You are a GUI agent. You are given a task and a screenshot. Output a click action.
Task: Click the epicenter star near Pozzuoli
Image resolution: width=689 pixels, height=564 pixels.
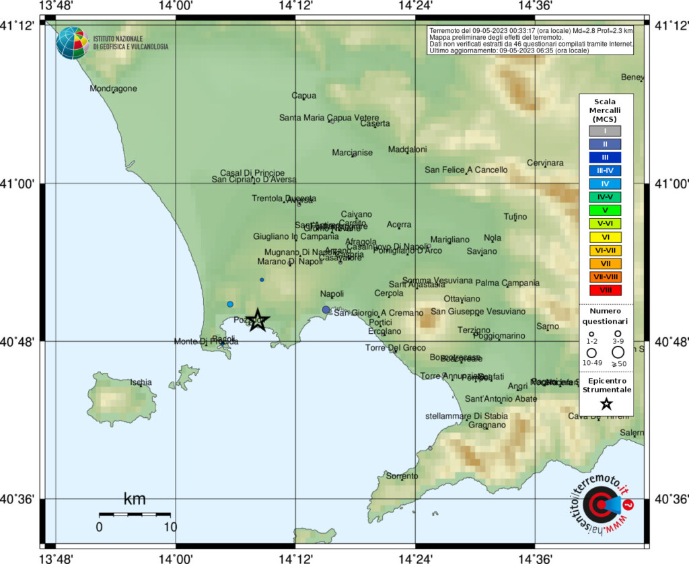point(258,320)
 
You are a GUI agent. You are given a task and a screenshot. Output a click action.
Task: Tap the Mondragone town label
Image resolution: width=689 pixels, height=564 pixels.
point(113,88)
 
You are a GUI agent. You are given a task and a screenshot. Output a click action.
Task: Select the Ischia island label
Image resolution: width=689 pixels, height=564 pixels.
point(141,382)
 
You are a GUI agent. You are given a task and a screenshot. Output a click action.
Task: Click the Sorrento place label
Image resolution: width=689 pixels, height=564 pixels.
point(402,476)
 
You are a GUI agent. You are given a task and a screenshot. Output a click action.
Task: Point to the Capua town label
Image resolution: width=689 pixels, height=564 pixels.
point(303,96)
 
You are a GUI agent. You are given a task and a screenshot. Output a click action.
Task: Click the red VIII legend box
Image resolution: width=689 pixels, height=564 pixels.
point(606,290)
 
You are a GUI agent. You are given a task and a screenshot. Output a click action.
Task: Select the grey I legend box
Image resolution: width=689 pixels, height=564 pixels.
point(606,131)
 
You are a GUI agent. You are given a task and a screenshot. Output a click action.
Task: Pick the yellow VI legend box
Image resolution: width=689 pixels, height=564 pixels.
point(606,237)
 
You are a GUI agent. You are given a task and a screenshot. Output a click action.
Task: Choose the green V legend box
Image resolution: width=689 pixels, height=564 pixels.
point(606,210)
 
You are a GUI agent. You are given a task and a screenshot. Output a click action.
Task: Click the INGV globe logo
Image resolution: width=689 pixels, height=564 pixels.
point(73,43)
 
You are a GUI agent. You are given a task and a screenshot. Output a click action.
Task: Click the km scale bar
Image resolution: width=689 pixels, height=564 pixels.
point(135,514)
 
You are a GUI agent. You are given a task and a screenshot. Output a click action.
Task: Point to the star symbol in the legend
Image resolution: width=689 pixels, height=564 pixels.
point(606,404)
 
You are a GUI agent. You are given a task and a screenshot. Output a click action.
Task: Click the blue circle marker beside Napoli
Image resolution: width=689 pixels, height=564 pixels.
point(326,310)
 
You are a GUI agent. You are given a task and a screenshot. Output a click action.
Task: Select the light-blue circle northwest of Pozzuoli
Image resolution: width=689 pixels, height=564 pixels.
point(230,304)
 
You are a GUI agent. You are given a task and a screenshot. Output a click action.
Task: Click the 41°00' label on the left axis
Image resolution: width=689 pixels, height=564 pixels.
point(18,183)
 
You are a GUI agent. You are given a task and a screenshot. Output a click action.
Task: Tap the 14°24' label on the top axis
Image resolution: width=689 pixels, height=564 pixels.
point(415,6)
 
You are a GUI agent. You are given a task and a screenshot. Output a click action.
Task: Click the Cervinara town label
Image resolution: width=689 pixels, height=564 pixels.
point(544,163)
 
